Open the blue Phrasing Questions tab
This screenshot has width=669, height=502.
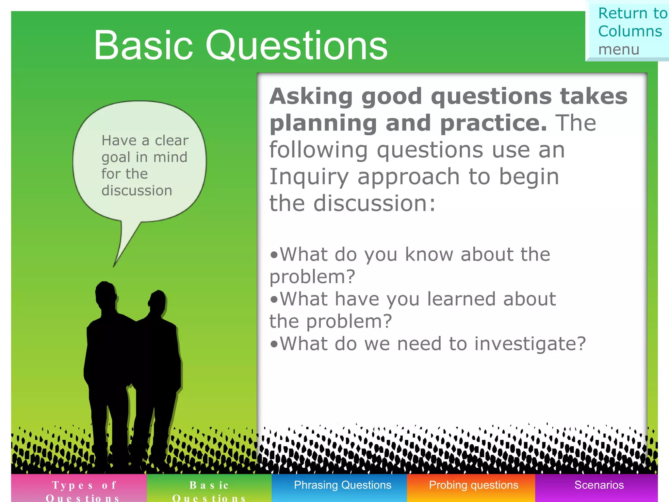pyautogui.click(x=342, y=485)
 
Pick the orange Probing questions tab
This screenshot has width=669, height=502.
pyautogui.click(x=473, y=485)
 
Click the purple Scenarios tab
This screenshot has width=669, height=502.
pyautogui.click(x=599, y=485)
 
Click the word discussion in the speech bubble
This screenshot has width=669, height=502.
pyautogui.click(x=137, y=191)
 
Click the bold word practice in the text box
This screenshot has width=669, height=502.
pyautogui.click(x=493, y=123)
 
